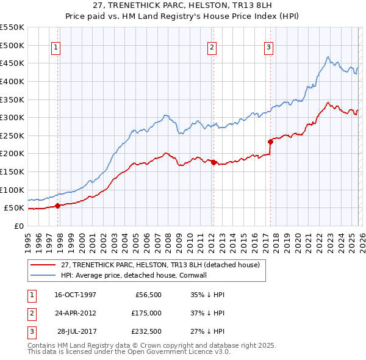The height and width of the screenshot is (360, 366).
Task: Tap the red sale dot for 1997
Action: point(57,206)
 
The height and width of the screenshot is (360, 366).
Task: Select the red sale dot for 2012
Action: point(213,162)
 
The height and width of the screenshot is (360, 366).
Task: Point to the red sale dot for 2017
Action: point(270,142)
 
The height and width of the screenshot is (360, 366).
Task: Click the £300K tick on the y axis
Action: point(12,117)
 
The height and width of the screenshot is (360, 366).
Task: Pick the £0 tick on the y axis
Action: point(18,226)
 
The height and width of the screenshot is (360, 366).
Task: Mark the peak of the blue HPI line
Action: point(328,57)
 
